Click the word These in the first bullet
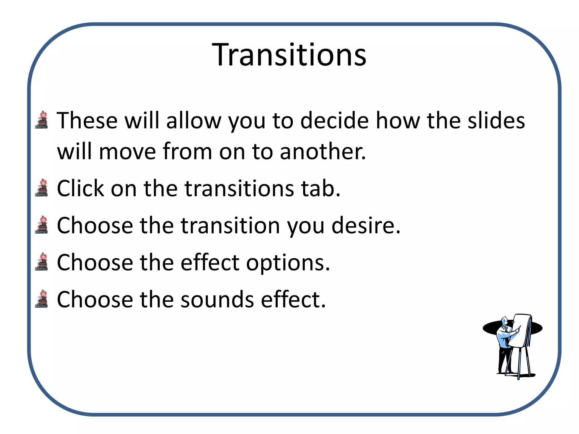point(87,121)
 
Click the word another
point(323,152)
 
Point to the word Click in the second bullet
point(80,188)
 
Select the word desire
point(366,226)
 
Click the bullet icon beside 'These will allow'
point(42,120)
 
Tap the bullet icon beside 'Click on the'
point(42,188)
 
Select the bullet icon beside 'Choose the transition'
point(42,225)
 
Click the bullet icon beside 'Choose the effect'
point(42,262)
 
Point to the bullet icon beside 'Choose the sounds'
point(42,299)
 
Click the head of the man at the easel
point(504,321)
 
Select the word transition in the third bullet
point(230,226)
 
